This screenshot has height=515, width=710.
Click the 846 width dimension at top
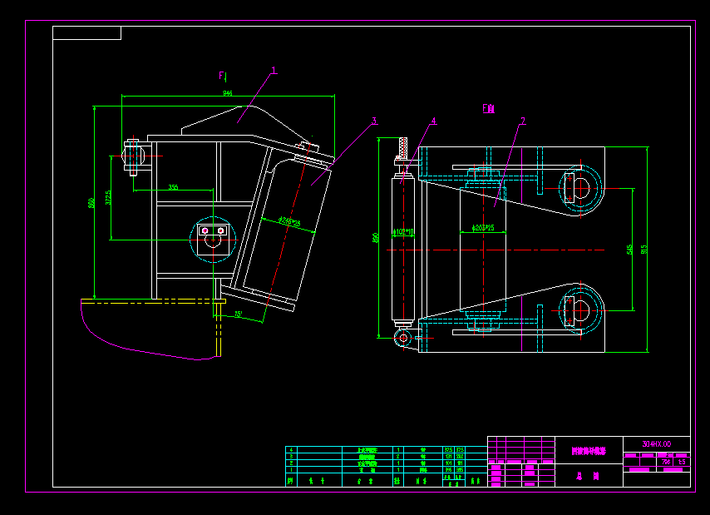pyautogui.click(x=227, y=93)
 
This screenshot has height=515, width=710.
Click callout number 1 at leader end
pyautogui.click(x=274, y=71)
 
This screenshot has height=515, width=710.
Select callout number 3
pyautogui.click(x=374, y=121)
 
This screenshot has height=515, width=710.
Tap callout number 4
pyautogui.click(x=433, y=121)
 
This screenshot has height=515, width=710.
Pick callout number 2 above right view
pyautogui.click(x=522, y=121)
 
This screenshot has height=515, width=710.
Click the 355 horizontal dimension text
pyautogui.click(x=173, y=187)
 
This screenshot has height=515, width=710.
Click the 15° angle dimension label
pyautogui.click(x=239, y=314)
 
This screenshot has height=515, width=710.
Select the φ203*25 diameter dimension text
pyautogui.click(x=483, y=226)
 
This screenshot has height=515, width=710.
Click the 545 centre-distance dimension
pyautogui.click(x=630, y=249)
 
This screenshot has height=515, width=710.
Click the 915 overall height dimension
pyautogui.click(x=644, y=249)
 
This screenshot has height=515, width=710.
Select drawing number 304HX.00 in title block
pyautogui.click(x=656, y=444)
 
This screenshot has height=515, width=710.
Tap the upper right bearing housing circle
pyautogui.click(x=581, y=189)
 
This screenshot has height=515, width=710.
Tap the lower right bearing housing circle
pyautogui.click(x=581, y=309)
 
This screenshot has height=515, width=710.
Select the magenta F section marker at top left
pyautogui.click(x=222, y=76)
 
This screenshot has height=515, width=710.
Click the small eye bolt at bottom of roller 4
pyautogui.click(x=402, y=337)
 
